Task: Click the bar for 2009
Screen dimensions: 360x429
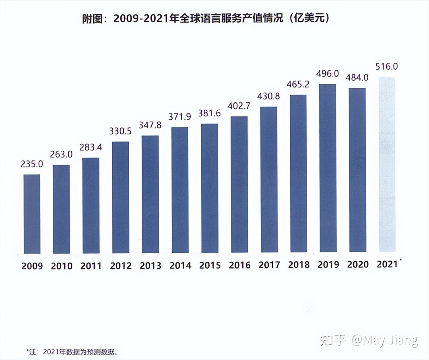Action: click(x=32, y=214)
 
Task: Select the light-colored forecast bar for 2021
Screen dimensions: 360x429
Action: click(x=387, y=165)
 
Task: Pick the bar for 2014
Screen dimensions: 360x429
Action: click(x=179, y=190)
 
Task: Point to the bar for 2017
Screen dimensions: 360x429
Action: click(x=268, y=180)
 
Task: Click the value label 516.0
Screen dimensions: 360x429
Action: click(x=386, y=66)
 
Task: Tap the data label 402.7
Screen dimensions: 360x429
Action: click(x=239, y=106)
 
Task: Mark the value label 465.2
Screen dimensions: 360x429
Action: click(x=298, y=85)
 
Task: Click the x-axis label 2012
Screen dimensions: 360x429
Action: click(x=120, y=266)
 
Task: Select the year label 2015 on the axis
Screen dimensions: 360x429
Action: click(x=210, y=266)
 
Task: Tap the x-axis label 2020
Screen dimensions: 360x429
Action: click(x=357, y=265)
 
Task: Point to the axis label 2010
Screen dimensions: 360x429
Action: click(x=61, y=266)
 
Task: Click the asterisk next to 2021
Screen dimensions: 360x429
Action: click(x=401, y=261)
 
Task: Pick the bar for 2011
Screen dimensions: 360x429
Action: click(x=91, y=205)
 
